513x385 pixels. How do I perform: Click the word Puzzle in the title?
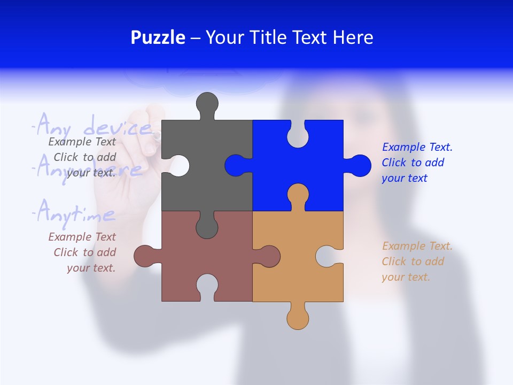[x=158, y=37]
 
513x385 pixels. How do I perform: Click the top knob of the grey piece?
[x=207, y=104]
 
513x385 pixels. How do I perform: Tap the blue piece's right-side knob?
[x=359, y=166]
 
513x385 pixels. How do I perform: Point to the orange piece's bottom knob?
[x=298, y=317]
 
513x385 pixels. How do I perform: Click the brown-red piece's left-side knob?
[x=145, y=256]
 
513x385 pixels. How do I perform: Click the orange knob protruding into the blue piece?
[x=298, y=195]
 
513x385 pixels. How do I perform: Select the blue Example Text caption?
[x=417, y=163]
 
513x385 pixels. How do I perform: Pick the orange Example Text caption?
[x=417, y=261]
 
